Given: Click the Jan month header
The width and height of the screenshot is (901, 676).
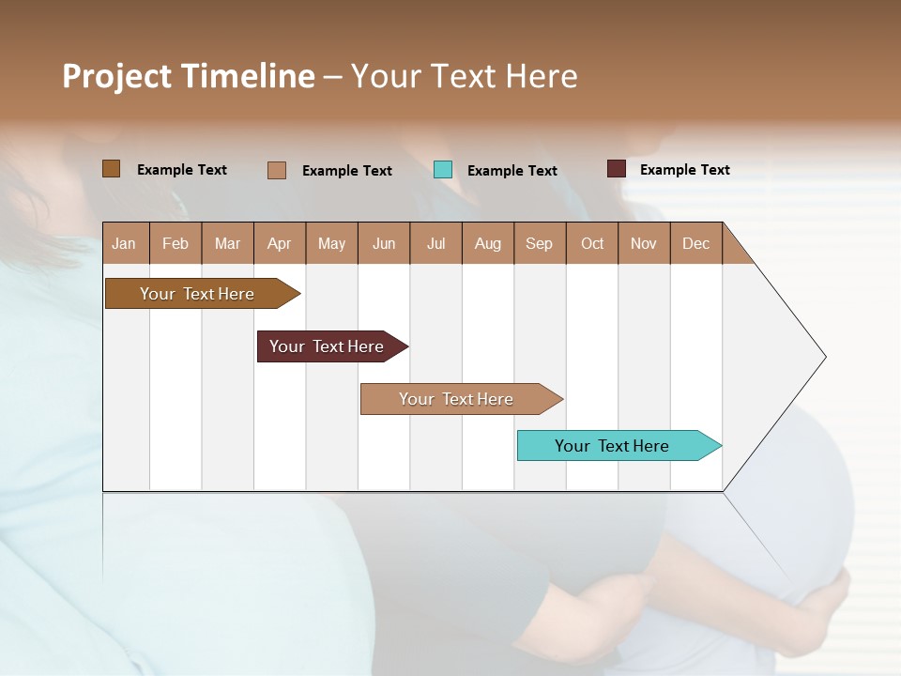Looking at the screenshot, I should [x=124, y=244].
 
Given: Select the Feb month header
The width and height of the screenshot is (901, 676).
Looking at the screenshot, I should [x=176, y=244].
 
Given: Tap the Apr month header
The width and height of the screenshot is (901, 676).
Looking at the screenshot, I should [x=279, y=244].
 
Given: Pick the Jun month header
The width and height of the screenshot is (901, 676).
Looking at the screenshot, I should [x=384, y=244].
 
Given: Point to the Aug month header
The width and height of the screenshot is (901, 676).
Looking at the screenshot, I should [x=487, y=244].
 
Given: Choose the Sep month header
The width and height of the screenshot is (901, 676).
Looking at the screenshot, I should [x=539, y=244].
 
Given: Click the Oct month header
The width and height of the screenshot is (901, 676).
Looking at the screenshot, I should [x=592, y=244].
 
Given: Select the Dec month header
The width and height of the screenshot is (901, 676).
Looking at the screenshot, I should [x=695, y=244].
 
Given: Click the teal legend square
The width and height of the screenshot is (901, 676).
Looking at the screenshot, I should [x=443, y=170].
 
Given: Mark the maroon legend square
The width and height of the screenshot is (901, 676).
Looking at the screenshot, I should [x=616, y=169].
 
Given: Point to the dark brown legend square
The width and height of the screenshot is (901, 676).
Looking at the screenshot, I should [x=111, y=169].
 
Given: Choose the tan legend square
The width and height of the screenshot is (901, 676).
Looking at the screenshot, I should [x=276, y=170].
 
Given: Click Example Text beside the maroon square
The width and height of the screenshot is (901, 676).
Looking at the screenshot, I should [x=684, y=170].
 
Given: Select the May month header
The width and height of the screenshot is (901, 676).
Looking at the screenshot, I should [x=331, y=244].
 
